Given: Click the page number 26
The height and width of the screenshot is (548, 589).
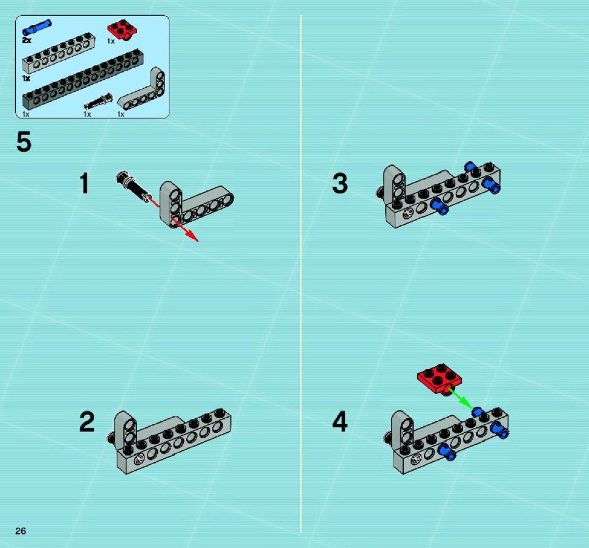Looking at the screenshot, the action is pyautogui.click(x=21, y=530).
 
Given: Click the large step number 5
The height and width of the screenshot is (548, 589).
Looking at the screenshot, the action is pyautogui.click(x=24, y=142).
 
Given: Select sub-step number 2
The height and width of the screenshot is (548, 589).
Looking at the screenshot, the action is pyautogui.click(x=86, y=422).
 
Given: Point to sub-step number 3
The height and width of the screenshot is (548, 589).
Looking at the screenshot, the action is pyautogui.click(x=340, y=183).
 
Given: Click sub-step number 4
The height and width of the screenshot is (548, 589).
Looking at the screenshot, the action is pyautogui.click(x=340, y=422).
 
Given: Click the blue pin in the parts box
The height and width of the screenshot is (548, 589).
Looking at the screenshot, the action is pyautogui.click(x=37, y=27).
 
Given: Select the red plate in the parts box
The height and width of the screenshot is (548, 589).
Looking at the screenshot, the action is pyautogui.click(x=122, y=29).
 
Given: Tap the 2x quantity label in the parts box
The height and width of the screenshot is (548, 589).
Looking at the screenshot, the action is pyautogui.click(x=27, y=40).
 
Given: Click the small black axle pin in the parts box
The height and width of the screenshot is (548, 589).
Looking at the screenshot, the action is pyautogui.click(x=98, y=101).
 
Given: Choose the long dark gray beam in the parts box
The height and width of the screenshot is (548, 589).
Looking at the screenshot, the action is pyautogui.click(x=83, y=80).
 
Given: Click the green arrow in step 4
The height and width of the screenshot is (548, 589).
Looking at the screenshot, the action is pyautogui.click(x=461, y=399).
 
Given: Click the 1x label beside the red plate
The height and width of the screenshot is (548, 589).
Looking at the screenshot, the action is pyautogui.click(x=111, y=41).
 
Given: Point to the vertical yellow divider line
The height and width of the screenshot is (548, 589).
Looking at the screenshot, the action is pyautogui.click(x=301, y=274).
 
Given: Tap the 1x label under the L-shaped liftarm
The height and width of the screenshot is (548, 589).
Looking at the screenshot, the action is pyautogui.click(x=121, y=114).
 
